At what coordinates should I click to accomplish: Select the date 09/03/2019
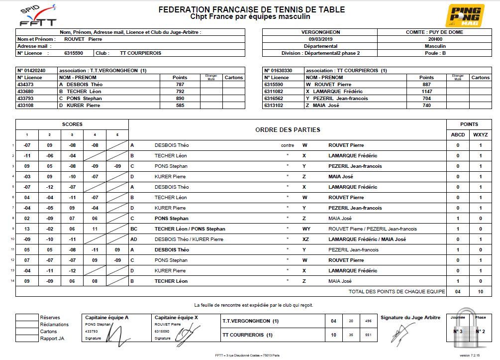[x=319, y=39]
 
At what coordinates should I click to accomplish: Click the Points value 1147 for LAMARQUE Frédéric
[x=426, y=92]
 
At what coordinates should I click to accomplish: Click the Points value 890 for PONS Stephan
[x=180, y=99]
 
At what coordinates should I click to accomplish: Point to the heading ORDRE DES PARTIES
[x=288, y=130]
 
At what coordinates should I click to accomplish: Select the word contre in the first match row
[x=287, y=145]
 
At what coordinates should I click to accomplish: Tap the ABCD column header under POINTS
[x=458, y=135]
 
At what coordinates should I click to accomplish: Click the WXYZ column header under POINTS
[x=480, y=135]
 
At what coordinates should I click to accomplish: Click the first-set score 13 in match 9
[x=27, y=229]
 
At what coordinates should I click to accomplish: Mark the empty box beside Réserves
[x=27, y=317]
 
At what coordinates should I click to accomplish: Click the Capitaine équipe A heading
[x=107, y=317]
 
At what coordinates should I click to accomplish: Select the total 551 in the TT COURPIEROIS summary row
[x=369, y=335]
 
